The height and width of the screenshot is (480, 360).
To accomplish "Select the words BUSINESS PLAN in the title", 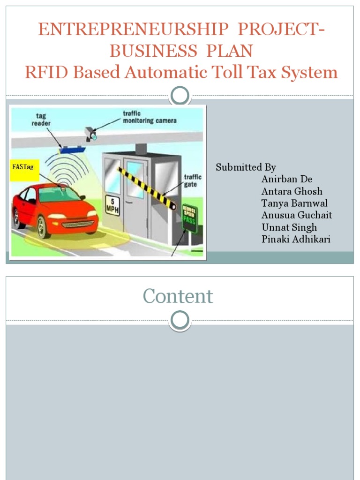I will tap(181, 51).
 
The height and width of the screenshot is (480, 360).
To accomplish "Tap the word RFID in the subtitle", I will tap(44, 72).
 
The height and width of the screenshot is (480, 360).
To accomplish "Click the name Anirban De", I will tap(287, 179).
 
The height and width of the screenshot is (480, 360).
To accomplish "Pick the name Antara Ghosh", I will tap(292, 191).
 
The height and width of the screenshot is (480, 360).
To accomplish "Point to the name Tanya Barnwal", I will tap(295, 203).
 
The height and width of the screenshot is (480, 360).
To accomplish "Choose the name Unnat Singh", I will tap(289, 227).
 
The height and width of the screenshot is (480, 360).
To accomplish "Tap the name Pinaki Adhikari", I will tap(296, 240).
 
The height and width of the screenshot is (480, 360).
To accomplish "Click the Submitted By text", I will tap(246, 167).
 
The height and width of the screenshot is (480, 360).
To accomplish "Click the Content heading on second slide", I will tap(178, 296).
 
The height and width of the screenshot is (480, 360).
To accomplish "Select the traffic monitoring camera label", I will tap(150, 117).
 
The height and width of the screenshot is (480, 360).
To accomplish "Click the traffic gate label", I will tap(192, 180).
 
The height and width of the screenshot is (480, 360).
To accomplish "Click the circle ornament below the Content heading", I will tap(180, 321).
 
